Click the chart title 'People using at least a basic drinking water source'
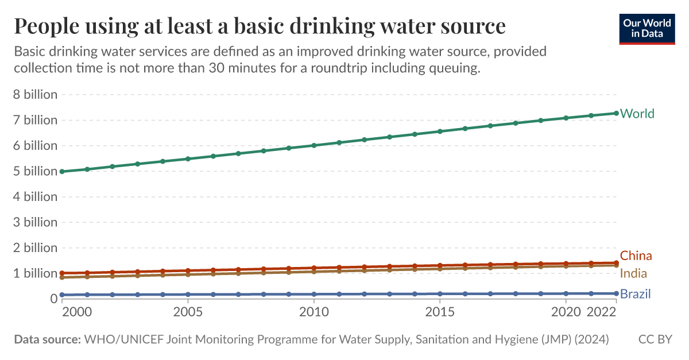tap(260, 26)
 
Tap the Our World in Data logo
tap(647, 28)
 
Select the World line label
tap(637, 114)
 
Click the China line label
tap(636, 256)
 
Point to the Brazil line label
tap(635, 295)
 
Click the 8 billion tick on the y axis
tap(35, 95)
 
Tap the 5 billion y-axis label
tap(35, 171)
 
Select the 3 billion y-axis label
tap(35, 222)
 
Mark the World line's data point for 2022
tap(616, 113)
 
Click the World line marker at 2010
tap(314, 145)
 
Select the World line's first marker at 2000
tap(62, 171)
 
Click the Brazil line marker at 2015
tap(440, 293)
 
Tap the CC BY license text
tap(655, 339)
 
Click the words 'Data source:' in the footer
tap(47, 339)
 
